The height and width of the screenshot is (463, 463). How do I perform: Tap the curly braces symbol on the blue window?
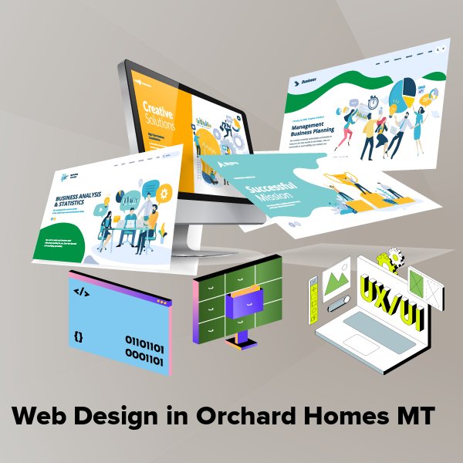pyautogui.click(x=79, y=336)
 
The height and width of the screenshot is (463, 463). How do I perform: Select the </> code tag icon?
pyautogui.click(x=79, y=292)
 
